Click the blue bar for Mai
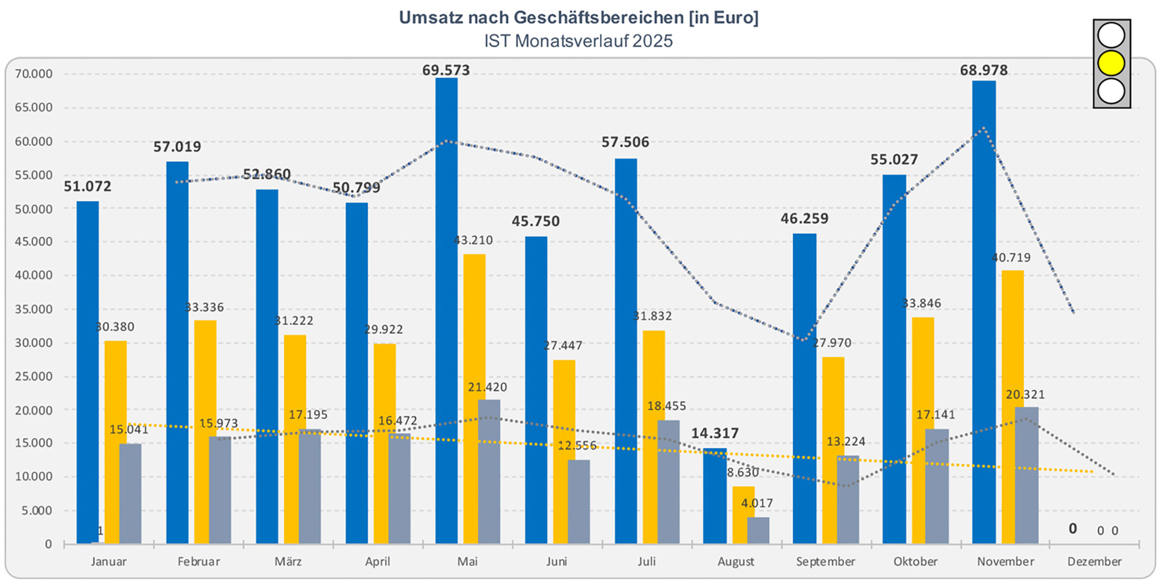446,310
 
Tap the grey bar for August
758,530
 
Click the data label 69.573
446,70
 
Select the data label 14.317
715,433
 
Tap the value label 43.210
473,240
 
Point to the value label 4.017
757,503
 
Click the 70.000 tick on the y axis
33,74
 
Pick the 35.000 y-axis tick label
33,309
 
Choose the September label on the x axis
826,561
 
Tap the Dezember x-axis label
1094,561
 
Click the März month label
288,561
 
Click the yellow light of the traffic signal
1111,63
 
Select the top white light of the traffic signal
1111,35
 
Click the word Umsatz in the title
429,18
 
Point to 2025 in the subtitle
652,41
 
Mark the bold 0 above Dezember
1072,528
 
